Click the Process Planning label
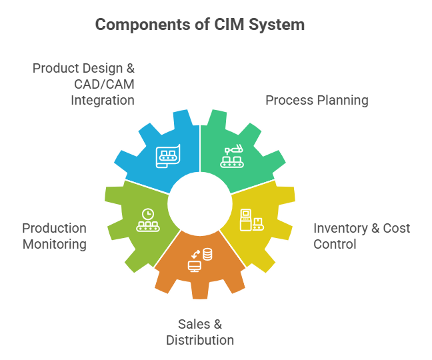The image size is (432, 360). (316, 101)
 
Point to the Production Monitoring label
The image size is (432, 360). (54, 236)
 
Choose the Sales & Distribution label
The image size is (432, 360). (200, 332)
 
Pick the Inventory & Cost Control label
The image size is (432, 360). (361, 236)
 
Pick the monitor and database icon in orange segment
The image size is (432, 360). (199, 259)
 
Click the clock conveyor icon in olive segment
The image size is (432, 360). (147, 220)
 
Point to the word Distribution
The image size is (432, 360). (200, 340)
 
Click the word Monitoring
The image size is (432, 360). (54, 244)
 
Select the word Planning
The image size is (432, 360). (343, 101)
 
